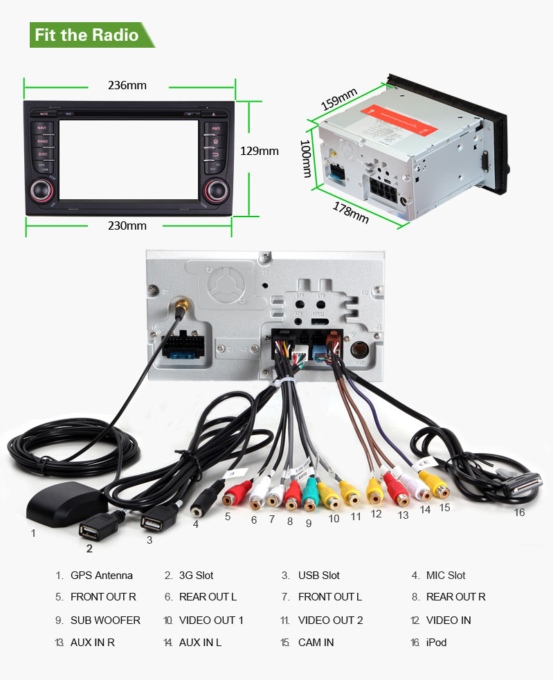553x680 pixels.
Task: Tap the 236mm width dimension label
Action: pyautogui.click(x=127, y=86)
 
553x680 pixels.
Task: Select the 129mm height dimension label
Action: pyautogui.click(x=259, y=151)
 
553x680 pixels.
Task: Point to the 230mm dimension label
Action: pyautogui.click(x=127, y=226)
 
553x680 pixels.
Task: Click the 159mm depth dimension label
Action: pyautogui.click(x=338, y=99)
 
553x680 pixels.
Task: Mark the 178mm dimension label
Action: pyautogui.click(x=351, y=212)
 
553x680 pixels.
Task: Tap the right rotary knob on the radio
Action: pyautogui.click(x=216, y=189)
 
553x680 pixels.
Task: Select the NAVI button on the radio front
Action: pyautogui.click(x=42, y=129)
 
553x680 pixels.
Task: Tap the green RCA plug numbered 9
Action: pyautogui.click(x=309, y=495)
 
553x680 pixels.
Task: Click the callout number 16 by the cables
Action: pyautogui.click(x=519, y=513)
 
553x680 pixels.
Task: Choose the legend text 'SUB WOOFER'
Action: pyautogui.click(x=105, y=620)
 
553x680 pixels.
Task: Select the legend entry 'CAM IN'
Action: pyautogui.click(x=316, y=642)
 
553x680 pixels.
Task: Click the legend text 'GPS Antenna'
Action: pyautogui.click(x=101, y=575)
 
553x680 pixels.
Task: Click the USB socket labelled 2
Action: pyautogui.click(x=90, y=530)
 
